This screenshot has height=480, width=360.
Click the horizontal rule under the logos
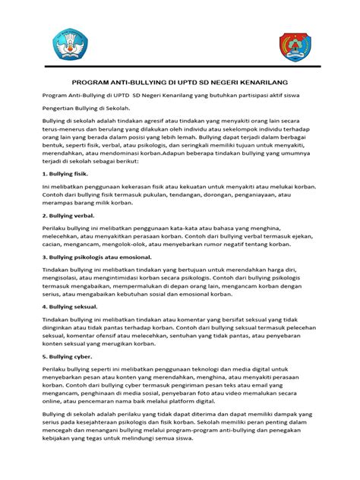pyautogui.click(x=180, y=70)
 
